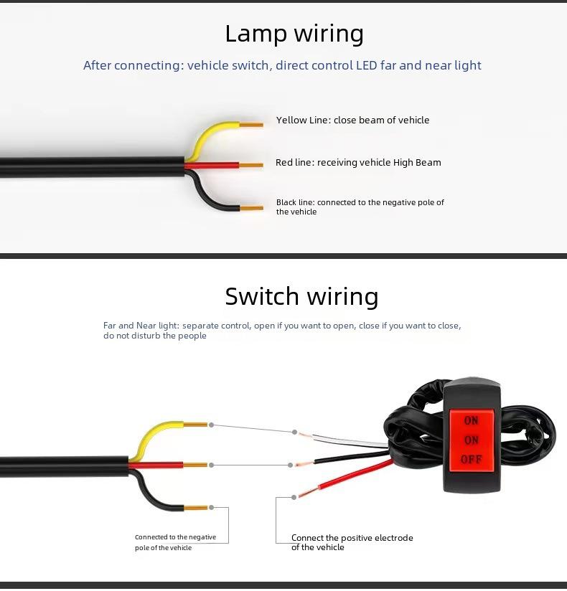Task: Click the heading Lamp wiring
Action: coord(294,34)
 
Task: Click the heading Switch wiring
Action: coord(301,296)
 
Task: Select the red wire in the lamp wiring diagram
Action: coord(212,165)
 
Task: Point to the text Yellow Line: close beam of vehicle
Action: coord(352,120)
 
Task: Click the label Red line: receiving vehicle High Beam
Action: coord(358,162)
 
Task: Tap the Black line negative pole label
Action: coord(360,207)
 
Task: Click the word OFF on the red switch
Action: coord(471,459)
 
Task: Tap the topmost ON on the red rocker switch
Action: coord(471,420)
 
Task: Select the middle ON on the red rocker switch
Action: coord(471,440)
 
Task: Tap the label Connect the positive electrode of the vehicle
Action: coord(352,542)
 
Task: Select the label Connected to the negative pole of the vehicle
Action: coord(175,542)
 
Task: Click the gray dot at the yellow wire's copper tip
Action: coord(211,425)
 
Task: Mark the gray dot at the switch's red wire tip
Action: coord(294,498)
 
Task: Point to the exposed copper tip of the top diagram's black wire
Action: coord(252,208)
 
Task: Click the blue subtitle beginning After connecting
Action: coord(282,65)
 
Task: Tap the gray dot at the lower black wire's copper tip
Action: coord(211,507)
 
